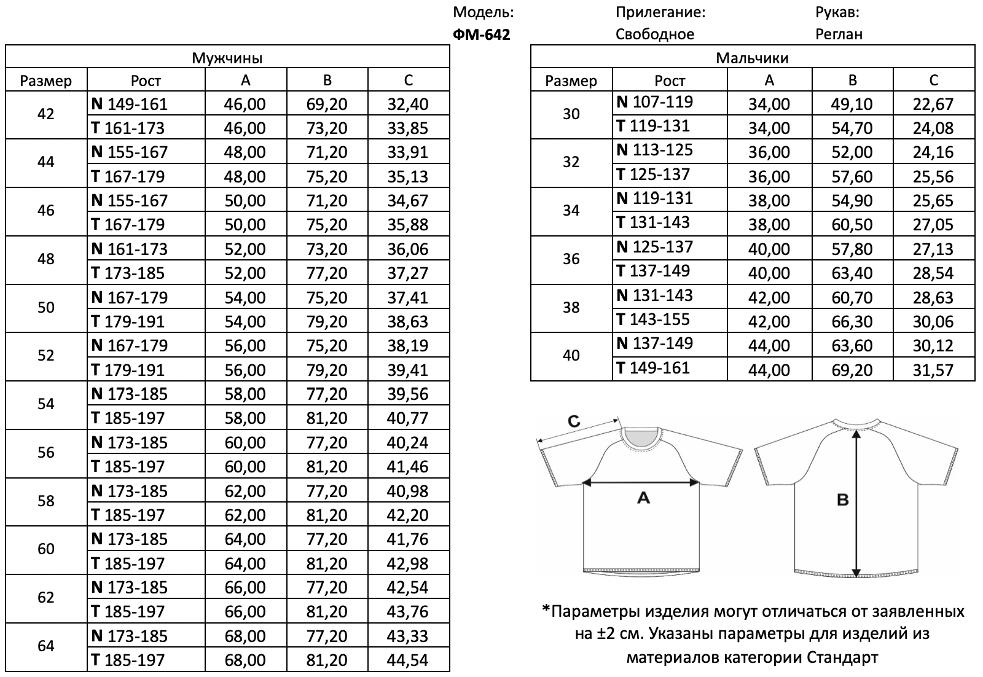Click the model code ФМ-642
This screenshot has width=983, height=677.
481,34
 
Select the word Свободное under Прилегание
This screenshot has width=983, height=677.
654,34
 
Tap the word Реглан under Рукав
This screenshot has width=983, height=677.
839,34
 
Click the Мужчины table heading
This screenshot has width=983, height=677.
227,58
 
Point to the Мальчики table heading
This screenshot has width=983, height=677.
752,58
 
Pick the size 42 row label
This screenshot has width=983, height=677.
46,114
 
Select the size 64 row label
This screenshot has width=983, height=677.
46,646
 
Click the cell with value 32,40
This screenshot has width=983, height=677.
408,104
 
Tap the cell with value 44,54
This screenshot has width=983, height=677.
408,660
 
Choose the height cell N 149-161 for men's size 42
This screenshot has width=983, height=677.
129,104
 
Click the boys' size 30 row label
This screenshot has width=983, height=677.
571,114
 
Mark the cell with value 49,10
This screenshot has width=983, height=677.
852,104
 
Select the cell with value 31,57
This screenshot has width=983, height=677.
933,370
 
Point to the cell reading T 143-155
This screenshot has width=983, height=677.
653,319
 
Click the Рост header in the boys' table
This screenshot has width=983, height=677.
669,80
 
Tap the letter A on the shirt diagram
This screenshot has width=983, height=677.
643,498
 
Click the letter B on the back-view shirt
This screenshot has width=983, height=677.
842,500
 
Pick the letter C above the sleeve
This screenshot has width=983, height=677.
573,421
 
